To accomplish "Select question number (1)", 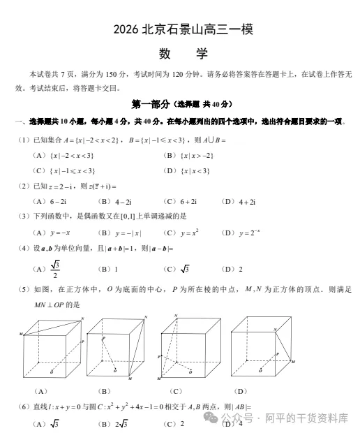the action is point(23,140).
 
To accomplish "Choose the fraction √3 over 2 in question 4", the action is point(57,268).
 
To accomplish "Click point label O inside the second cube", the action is point(115,368).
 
